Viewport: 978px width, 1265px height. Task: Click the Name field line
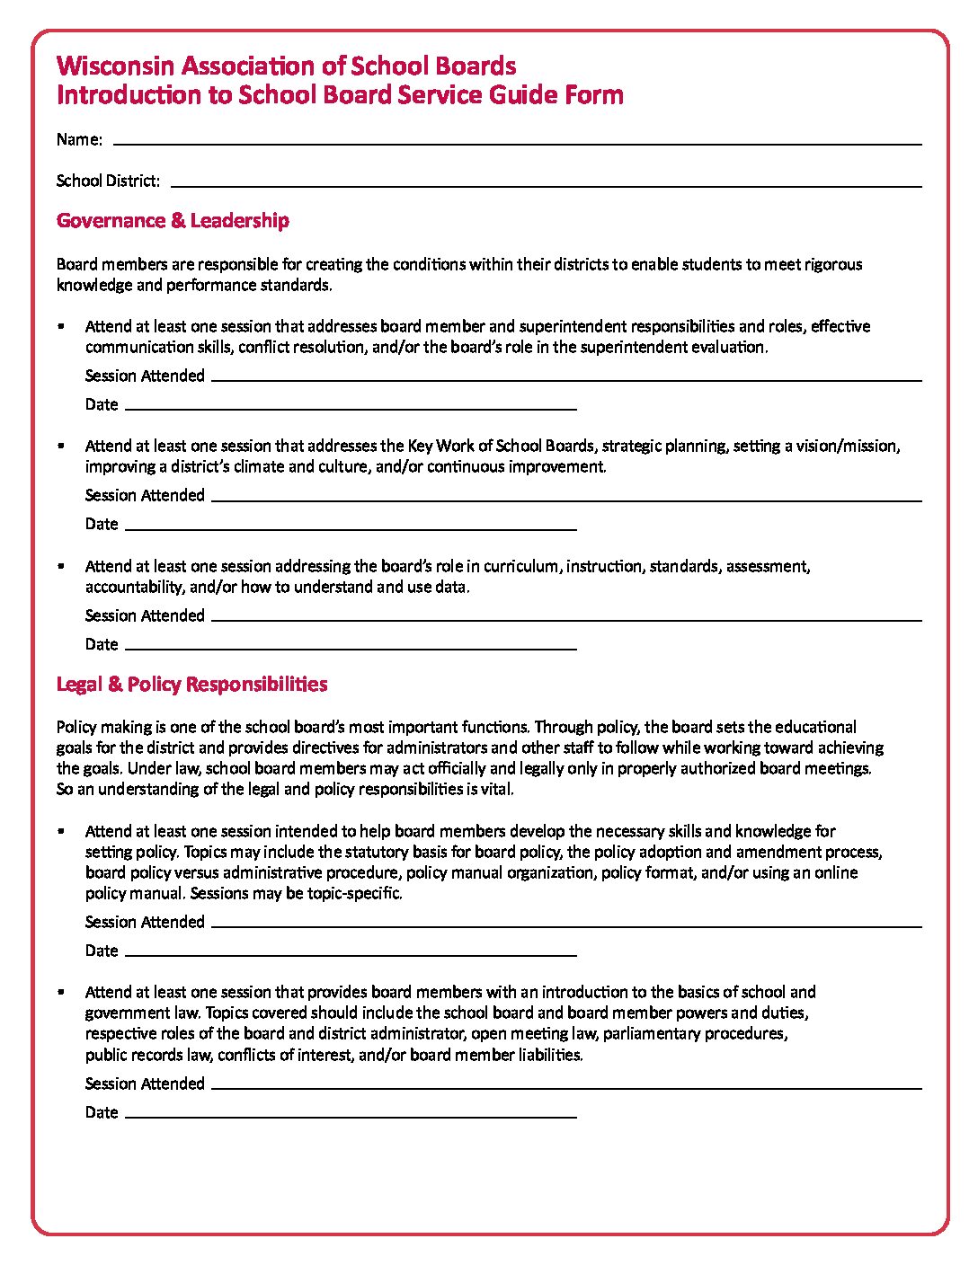pos(517,142)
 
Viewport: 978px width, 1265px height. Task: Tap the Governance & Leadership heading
pos(173,220)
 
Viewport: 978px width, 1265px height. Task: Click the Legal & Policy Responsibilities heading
pos(191,684)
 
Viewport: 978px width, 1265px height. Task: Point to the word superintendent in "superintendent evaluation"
pos(634,347)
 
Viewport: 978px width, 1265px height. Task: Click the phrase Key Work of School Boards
pos(501,446)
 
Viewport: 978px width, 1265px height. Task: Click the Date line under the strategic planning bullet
pos(351,528)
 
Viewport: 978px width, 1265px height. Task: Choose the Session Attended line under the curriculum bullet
pos(566,619)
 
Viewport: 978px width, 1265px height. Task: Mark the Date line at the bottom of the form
pos(351,1116)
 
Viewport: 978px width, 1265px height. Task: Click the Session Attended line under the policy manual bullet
pos(566,925)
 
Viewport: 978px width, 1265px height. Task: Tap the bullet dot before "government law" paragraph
pos(61,992)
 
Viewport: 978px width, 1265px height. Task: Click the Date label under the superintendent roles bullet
pos(102,404)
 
